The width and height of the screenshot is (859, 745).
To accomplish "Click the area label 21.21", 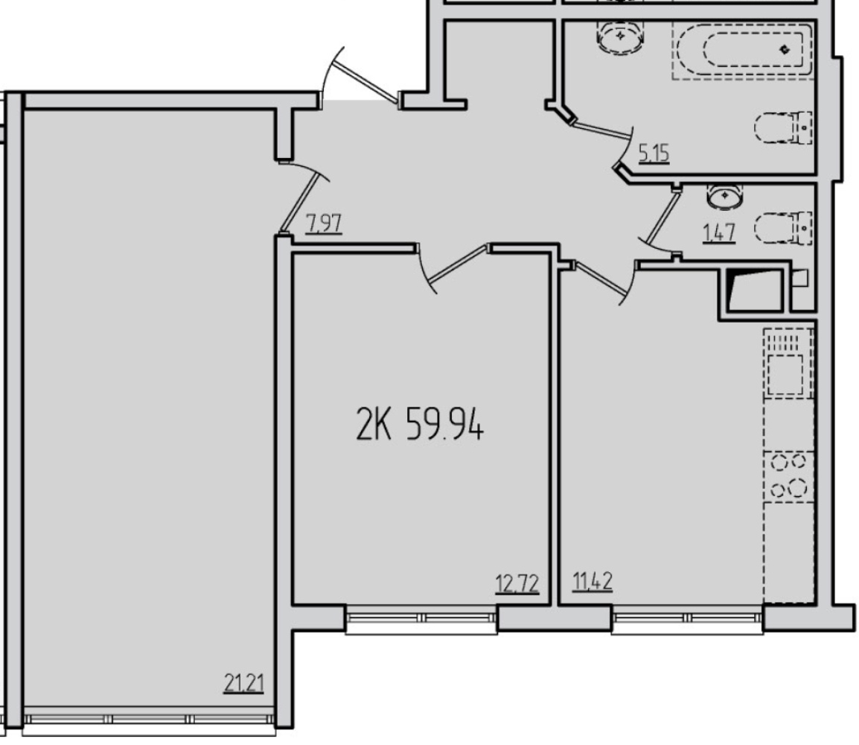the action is [244, 684].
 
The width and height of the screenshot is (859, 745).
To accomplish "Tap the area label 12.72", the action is [517, 584].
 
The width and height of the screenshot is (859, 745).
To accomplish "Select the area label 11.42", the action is [593, 581].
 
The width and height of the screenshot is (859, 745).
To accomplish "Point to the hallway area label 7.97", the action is [325, 224].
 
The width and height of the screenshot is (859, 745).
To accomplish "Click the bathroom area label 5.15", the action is [654, 153].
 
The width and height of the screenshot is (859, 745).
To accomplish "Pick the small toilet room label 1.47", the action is [719, 233].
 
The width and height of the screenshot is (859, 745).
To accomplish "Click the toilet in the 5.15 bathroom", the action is [783, 127].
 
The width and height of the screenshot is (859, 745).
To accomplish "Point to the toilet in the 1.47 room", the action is [783, 228].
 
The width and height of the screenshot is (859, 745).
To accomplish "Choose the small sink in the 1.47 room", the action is [725, 197].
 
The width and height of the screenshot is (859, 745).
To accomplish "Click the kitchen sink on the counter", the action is [788, 363].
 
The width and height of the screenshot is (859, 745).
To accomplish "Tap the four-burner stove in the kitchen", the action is [788, 475].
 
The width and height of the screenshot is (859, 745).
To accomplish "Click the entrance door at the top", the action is [362, 77].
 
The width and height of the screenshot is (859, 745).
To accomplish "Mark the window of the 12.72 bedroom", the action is [422, 619].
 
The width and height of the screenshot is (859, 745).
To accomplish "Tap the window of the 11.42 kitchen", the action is [688, 619].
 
